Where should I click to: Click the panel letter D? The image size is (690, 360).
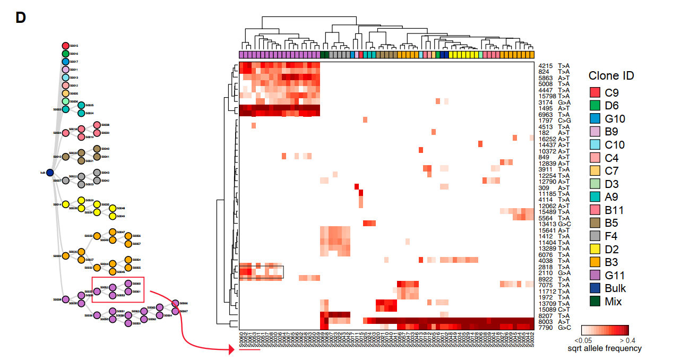(21, 18)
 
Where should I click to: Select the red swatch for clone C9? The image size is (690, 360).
(595, 92)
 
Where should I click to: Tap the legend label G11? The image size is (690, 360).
(615, 276)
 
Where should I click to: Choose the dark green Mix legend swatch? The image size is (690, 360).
(595, 302)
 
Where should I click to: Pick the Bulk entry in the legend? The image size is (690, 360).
(615, 288)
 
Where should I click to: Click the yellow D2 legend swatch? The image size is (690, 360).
(595, 249)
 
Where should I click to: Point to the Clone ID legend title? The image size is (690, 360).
(611, 75)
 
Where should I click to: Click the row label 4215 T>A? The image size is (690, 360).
(554, 66)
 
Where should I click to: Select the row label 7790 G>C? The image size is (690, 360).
(554, 328)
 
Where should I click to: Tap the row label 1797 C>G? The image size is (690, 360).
(554, 121)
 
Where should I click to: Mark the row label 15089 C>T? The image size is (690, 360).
(554, 309)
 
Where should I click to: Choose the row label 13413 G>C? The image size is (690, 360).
(554, 224)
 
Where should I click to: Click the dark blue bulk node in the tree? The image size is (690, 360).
(50, 173)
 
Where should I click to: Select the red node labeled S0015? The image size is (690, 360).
(66, 46)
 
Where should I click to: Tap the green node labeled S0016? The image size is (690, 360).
(66, 54)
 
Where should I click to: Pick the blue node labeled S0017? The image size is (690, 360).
(66, 62)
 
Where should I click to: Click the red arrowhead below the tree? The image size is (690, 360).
(231, 349)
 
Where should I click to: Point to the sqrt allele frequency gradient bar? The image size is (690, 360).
(605, 330)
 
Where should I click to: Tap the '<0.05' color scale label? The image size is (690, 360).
(584, 340)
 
